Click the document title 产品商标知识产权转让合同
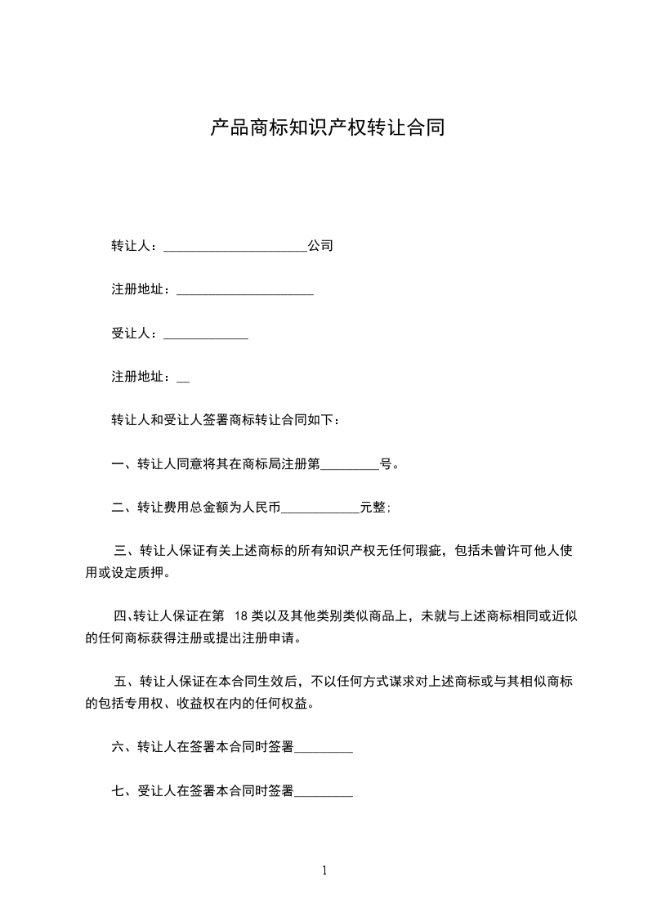point(327,128)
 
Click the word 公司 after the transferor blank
point(320,245)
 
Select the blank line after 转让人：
point(235,248)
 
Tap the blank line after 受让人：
point(206,335)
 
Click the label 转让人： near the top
point(136,245)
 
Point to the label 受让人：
point(136,333)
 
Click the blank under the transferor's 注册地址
point(245,292)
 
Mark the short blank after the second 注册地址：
point(183,380)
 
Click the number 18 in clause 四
point(242,615)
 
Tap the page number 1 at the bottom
point(324,870)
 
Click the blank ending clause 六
point(324,749)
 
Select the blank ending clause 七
point(324,794)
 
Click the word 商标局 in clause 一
point(261,464)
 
